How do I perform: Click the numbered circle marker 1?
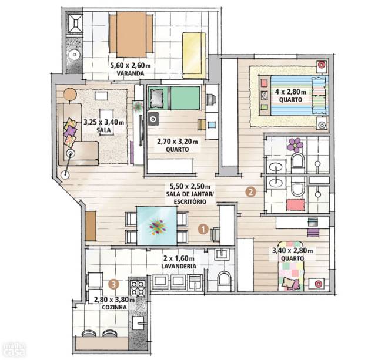coord(203,229)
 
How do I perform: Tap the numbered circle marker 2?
coord(250,192)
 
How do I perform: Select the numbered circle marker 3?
coord(113,284)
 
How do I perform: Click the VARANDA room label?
coord(131,73)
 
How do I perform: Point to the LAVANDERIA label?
coord(179,266)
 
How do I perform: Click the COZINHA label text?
coord(114,308)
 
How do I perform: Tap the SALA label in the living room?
coord(103,130)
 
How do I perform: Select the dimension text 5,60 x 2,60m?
coord(131,65)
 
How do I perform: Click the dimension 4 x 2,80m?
coord(290,92)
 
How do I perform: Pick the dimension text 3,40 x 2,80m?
coord(292,251)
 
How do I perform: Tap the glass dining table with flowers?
coord(157,226)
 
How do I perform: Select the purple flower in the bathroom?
coord(295,144)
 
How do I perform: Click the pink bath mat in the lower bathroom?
coord(295,205)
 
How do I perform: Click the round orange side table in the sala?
coord(70,95)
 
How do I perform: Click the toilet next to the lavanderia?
coord(224,281)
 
